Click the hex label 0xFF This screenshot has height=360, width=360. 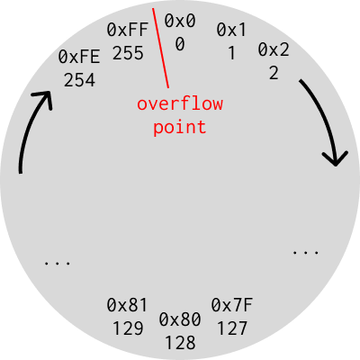[x=128, y=30]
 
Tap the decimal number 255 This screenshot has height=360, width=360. [x=128, y=53]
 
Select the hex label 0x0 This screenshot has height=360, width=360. [x=180, y=21]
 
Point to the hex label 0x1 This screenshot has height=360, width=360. [x=231, y=30]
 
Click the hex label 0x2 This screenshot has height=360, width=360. [x=274, y=49]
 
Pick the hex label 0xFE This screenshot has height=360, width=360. [x=79, y=57]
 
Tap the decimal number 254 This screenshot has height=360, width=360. [x=79, y=80]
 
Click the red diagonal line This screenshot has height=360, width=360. [x=160, y=48]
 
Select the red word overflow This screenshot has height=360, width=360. [x=180, y=103]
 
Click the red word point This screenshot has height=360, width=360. [x=180, y=128]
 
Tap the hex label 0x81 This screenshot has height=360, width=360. [x=127, y=305]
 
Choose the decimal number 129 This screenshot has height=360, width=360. [x=128, y=328]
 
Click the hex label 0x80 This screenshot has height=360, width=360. [x=180, y=319]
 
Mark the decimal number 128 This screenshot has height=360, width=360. [x=180, y=343]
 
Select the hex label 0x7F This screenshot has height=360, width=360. [x=232, y=305]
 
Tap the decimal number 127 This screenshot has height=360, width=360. [x=232, y=328]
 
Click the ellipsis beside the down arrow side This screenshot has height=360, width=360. [x=305, y=253]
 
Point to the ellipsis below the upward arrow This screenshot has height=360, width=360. [x=58, y=264]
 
